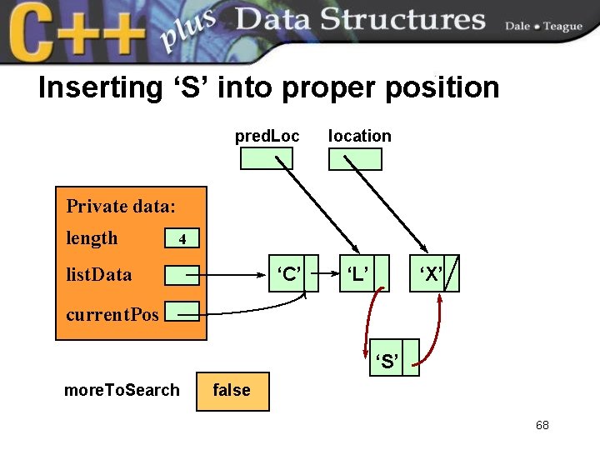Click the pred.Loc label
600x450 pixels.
(x=267, y=136)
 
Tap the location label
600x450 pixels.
(x=359, y=136)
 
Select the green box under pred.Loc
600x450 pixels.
(x=267, y=158)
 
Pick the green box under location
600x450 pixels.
(x=355, y=158)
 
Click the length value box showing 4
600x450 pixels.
(x=182, y=239)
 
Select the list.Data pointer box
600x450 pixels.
(x=182, y=274)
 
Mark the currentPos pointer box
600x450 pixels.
(x=182, y=312)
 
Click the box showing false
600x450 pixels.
(x=232, y=391)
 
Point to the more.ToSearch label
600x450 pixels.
(x=122, y=390)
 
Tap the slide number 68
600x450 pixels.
(x=542, y=426)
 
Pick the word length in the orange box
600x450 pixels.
(x=92, y=238)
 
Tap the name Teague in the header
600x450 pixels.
(x=562, y=27)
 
